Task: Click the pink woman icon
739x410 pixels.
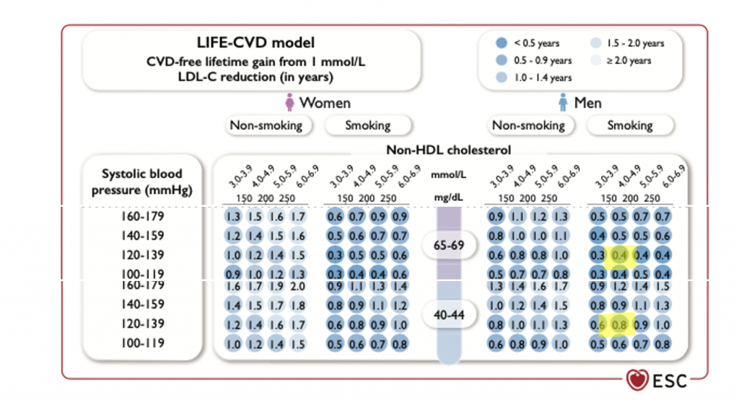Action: click(290, 103)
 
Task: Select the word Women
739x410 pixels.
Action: click(325, 103)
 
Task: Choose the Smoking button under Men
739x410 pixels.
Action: click(630, 125)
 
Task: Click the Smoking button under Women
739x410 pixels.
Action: click(367, 125)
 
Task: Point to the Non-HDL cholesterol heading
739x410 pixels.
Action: click(448, 150)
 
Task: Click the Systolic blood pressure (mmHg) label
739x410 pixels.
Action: click(142, 182)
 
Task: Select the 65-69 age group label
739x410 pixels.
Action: click(448, 246)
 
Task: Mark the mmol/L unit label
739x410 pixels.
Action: click(448, 175)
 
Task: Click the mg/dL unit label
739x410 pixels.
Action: click(448, 197)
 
